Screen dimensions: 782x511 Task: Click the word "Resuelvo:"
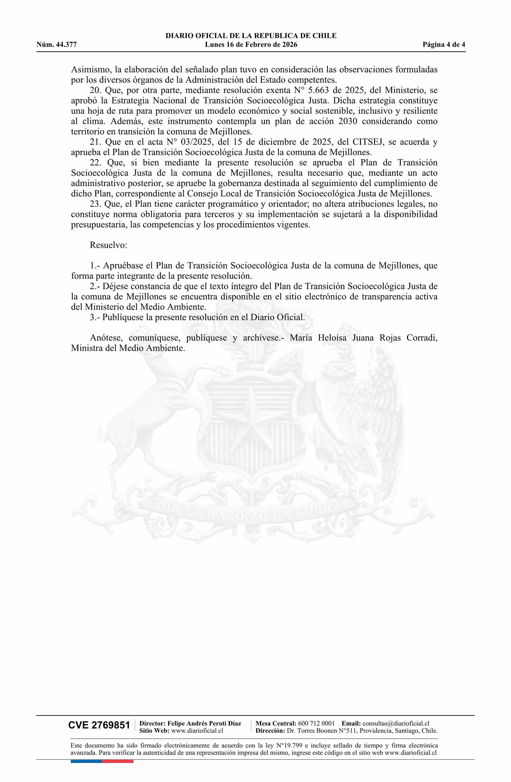108,245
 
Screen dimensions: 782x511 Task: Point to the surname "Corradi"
422,338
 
